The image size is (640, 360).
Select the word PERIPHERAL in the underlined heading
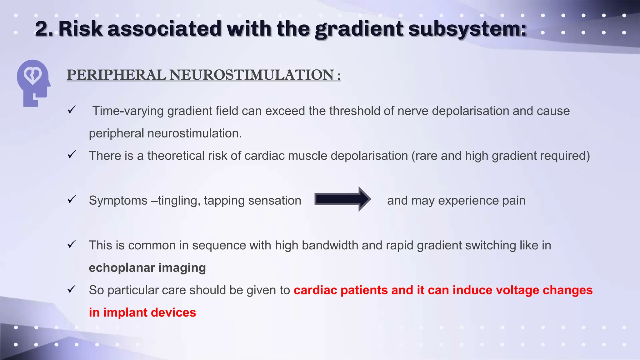[116, 75]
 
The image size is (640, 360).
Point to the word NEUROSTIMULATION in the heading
[252, 75]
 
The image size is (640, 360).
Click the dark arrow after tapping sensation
[342, 199]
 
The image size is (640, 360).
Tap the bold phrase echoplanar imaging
[147, 268]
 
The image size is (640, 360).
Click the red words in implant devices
[142, 312]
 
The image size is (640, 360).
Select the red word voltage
[517, 290]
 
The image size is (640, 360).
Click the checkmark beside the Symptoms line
[72, 199]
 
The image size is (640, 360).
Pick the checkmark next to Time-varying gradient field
[72, 110]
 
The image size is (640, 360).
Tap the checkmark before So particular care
[72, 289]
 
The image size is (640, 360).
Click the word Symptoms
[118, 201]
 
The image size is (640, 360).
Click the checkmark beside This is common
[72, 244]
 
